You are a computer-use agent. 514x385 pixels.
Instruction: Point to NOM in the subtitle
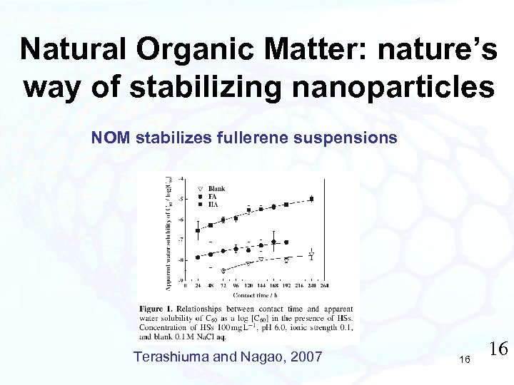click(109, 138)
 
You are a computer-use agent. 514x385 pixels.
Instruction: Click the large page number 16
click(498, 349)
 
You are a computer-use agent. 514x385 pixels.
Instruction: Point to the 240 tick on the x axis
click(311, 285)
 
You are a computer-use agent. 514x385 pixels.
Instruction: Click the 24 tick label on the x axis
click(196, 285)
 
